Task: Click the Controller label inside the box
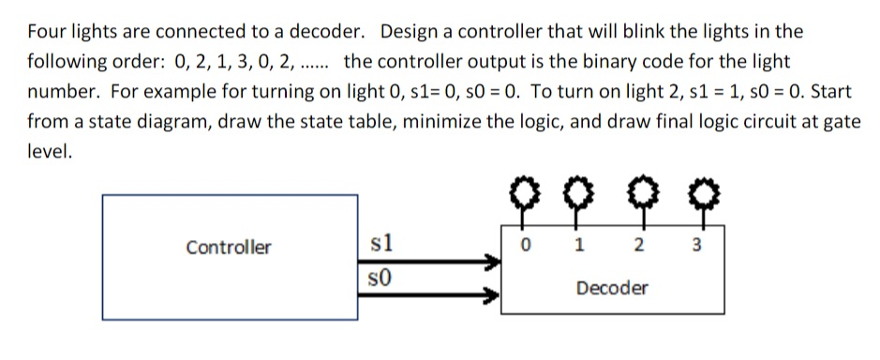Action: (x=229, y=247)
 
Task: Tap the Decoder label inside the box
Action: (x=612, y=288)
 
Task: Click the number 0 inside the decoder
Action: (x=526, y=247)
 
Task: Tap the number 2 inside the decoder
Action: (x=638, y=247)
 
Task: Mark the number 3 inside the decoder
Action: (x=694, y=247)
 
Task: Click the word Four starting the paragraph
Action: (x=45, y=31)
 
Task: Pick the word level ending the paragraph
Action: (x=48, y=153)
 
